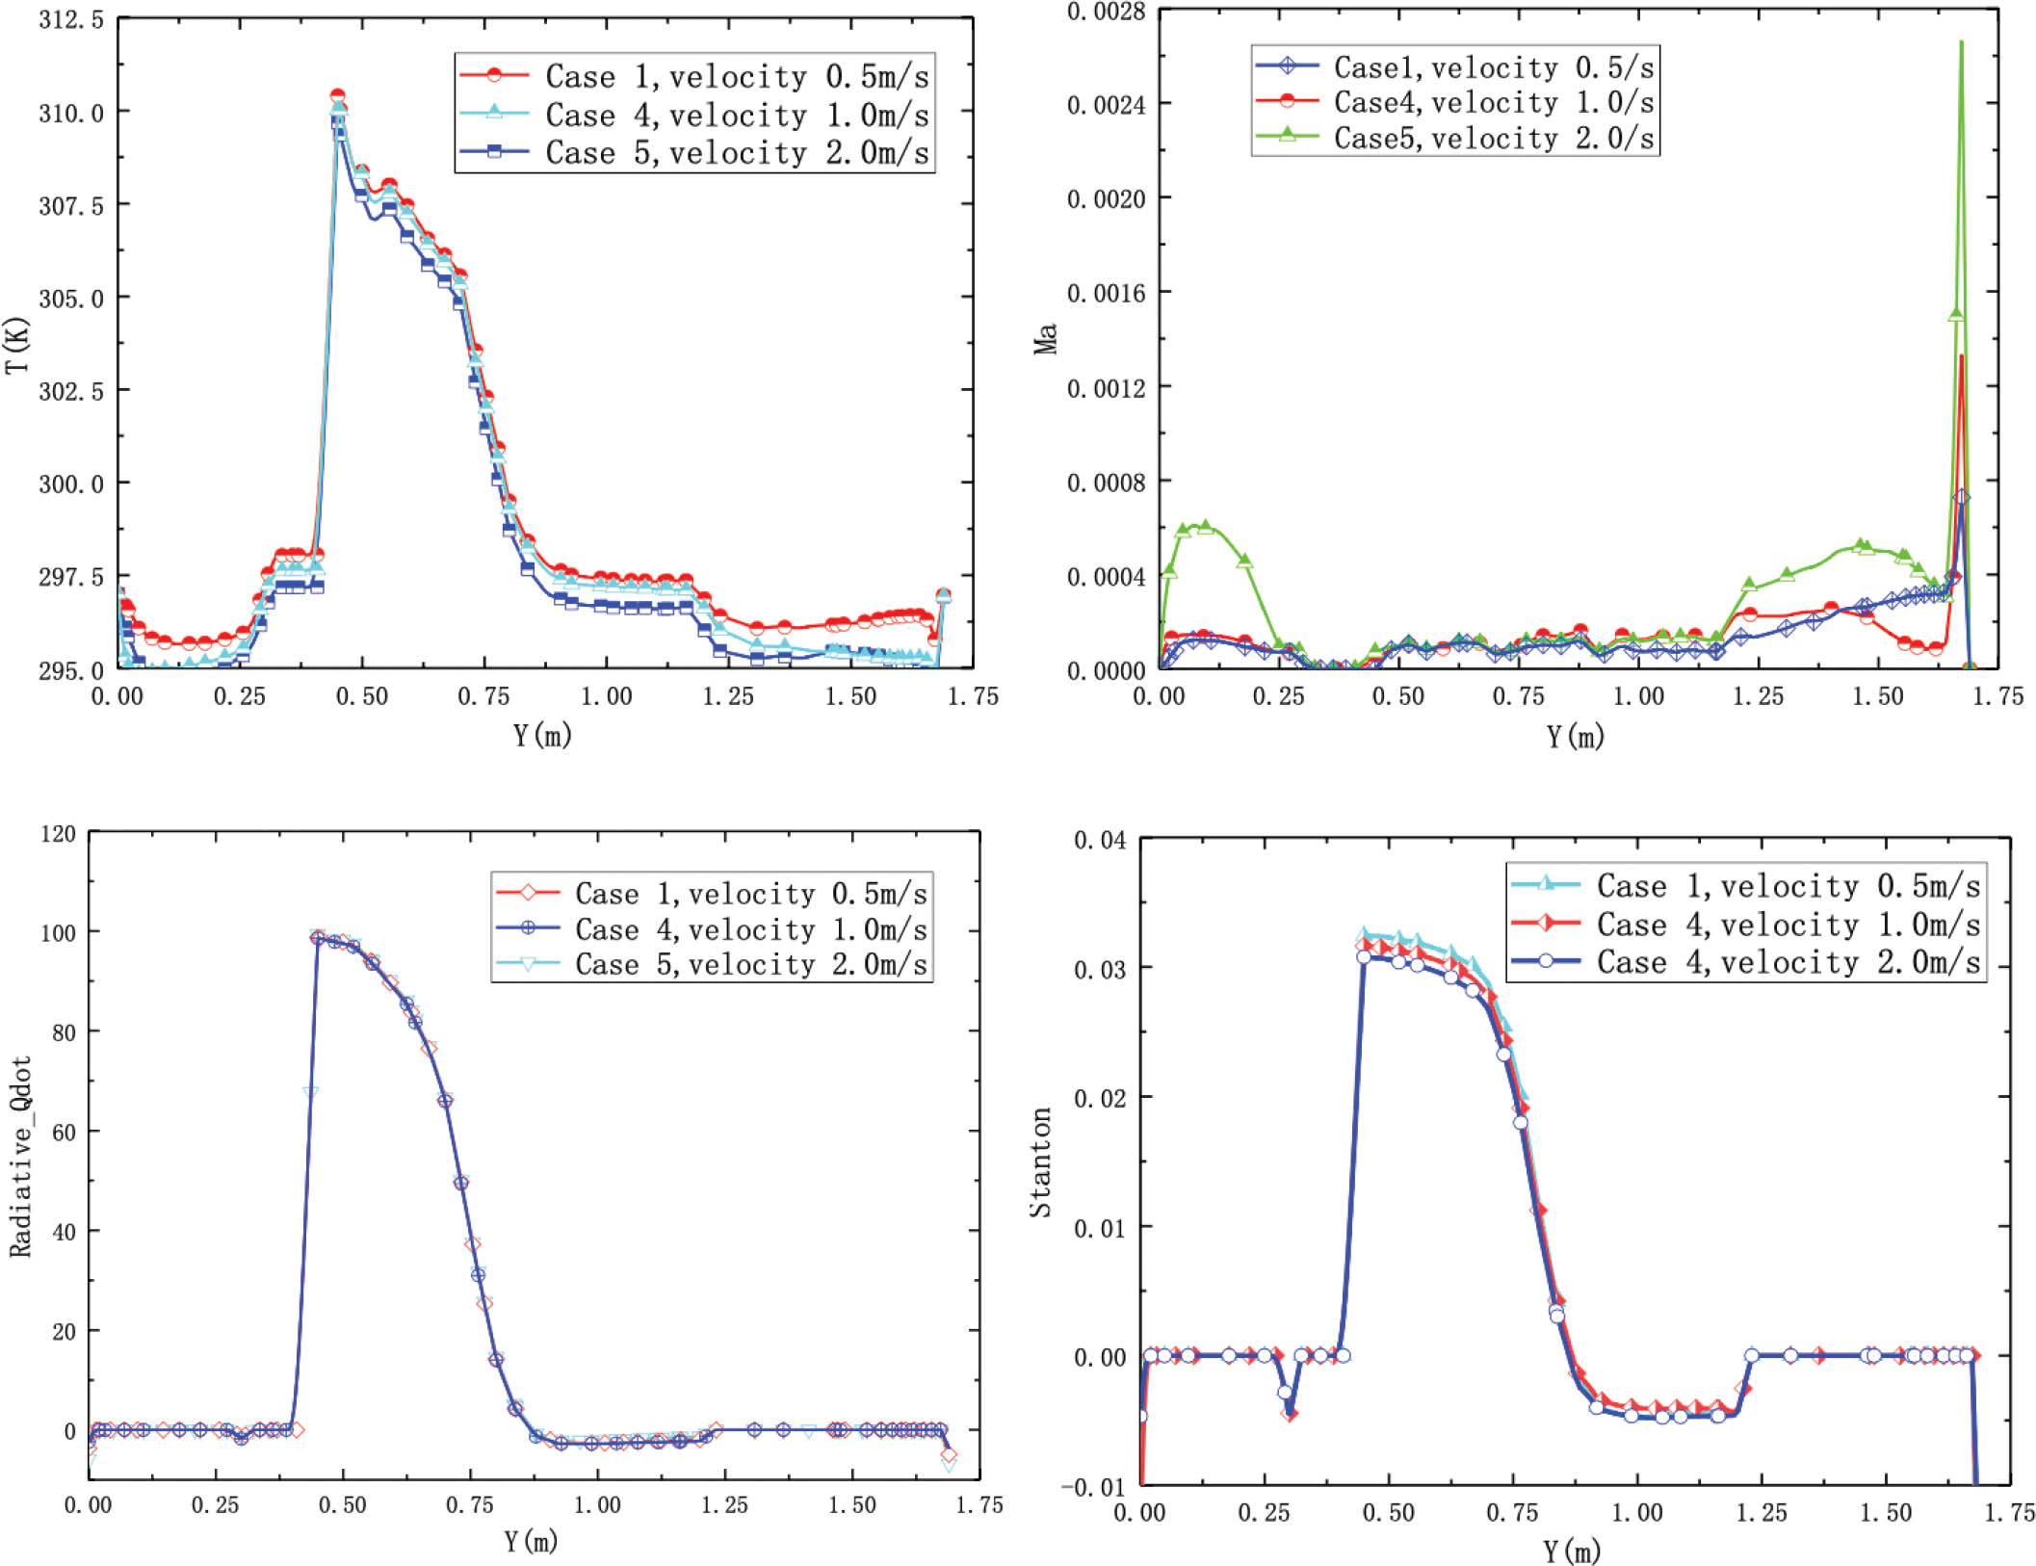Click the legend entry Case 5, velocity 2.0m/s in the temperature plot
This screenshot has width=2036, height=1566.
736,152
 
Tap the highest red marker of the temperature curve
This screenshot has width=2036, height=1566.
338,96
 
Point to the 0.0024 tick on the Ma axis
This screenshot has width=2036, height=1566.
1106,104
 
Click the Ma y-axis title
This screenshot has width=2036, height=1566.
1046,339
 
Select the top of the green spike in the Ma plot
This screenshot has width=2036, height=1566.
1961,42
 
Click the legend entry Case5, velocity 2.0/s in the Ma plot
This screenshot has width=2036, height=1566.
1493,138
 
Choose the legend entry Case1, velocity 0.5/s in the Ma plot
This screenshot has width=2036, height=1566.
1493,66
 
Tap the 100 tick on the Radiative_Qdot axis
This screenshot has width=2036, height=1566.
58,932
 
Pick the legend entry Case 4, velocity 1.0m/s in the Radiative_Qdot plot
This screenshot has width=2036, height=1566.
751,929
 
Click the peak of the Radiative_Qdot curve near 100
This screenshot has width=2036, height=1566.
318,936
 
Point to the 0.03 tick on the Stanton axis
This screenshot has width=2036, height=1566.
1100,969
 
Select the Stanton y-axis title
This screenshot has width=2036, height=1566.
1041,1161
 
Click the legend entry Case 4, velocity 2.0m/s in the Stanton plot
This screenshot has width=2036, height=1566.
1788,962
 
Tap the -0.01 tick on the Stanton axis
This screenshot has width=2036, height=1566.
1093,1486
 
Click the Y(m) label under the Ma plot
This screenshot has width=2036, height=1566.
1575,737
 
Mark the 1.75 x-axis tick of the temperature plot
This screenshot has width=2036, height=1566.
973,696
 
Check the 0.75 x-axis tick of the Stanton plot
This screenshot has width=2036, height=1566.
1512,1512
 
